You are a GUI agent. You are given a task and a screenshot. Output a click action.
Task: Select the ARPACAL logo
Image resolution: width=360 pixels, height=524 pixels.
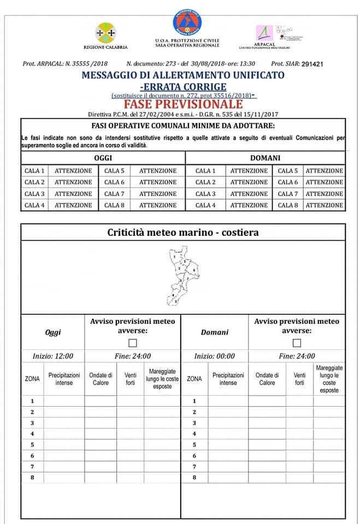[265, 33]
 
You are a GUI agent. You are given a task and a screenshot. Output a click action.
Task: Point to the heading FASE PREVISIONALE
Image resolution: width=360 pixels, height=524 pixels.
[183, 104]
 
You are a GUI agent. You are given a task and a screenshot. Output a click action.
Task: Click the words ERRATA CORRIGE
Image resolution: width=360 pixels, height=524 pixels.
[183, 86]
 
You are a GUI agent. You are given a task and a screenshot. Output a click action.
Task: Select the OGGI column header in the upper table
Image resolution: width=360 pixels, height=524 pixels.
[103, 158]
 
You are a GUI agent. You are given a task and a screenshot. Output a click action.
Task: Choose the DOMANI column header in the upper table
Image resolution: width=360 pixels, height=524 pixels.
[265, 158]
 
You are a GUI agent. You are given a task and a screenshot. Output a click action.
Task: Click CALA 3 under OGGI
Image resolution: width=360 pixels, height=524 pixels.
[35, 194]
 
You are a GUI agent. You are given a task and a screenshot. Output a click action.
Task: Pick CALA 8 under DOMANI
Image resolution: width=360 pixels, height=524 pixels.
[288, 205]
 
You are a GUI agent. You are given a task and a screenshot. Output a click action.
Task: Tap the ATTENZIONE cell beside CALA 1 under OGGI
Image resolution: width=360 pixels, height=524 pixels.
[73, 171]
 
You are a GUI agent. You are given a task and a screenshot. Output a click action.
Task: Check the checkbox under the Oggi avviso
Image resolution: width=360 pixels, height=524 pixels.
[132, 343]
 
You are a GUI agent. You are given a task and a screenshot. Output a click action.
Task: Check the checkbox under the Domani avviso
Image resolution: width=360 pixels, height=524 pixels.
[297, 343]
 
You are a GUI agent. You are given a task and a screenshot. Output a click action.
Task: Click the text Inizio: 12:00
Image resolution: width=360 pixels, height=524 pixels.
[52, 356]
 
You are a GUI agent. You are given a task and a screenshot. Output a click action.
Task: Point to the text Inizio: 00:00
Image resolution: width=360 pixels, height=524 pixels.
[215, 356]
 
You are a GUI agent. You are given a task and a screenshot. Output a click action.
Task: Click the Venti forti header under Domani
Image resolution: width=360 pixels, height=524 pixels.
[299, 379]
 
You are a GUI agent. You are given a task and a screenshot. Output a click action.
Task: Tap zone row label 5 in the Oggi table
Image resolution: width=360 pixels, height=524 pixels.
[32, 445]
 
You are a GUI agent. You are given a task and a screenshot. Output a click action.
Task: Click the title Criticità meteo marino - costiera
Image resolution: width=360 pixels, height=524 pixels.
[183, 233]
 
